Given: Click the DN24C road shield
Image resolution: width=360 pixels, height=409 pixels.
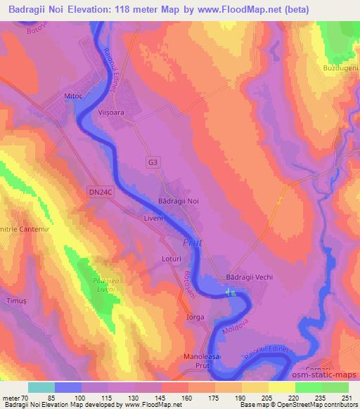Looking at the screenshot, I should pyautogui.click(x=101, y=190).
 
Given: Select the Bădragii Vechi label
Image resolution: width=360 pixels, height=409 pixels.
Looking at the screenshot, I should pyautogui.click(x=248, y=277).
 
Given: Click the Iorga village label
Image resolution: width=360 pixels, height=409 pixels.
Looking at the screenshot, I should pyautogui.click(x=195, y=317).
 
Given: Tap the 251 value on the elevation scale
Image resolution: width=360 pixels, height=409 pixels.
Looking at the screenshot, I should pyautogui.click(x=348, y=398).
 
